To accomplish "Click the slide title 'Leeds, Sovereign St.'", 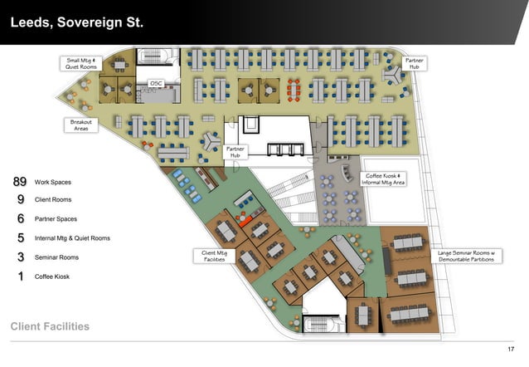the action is tap(77, 22).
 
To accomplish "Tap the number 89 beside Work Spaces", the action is tap(20, 182).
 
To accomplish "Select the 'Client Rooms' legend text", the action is tap(53, 200).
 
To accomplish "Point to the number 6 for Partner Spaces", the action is tap(21, 218).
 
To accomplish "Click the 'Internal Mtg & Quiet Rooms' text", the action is tap(72, 238).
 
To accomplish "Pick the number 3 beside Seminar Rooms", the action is tap(21, 257).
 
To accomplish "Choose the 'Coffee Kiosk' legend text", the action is tap(52, 276).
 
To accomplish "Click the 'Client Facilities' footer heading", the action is tap(50, 326).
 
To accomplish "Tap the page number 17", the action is tap(511, 349).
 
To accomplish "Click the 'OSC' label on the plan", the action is tap(156, 84).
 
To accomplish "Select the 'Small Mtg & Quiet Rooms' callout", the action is tap(81, 64).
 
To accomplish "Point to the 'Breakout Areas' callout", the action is tap(81, 125).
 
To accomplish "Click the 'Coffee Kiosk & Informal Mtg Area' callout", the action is tap(383, 179).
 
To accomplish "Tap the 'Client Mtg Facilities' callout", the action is tap(214, 257).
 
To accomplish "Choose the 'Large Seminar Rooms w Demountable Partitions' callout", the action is tap(466, 257).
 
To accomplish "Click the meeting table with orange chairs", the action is tap(294, 90).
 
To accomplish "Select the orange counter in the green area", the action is tap(245, 222).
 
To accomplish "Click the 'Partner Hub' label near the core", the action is tap(235, 152).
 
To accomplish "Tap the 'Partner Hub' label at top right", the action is tap(415, 64).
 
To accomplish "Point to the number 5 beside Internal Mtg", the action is tap(21, 238).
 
